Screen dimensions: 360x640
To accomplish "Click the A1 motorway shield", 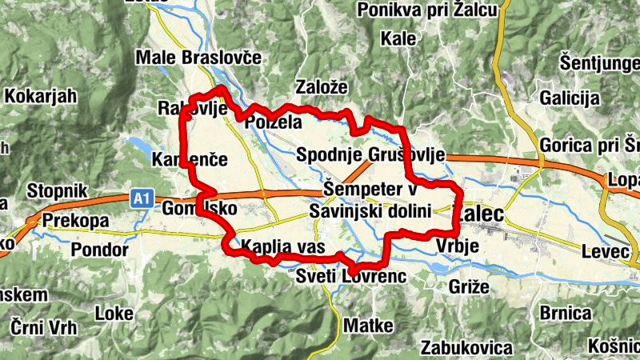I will pos(142,197).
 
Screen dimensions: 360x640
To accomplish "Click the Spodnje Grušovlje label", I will pos(370,154).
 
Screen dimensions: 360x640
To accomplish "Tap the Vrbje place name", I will pos(458,247).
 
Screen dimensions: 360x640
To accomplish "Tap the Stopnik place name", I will pos(55,191).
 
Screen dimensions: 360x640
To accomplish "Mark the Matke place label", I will pos(368,326).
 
